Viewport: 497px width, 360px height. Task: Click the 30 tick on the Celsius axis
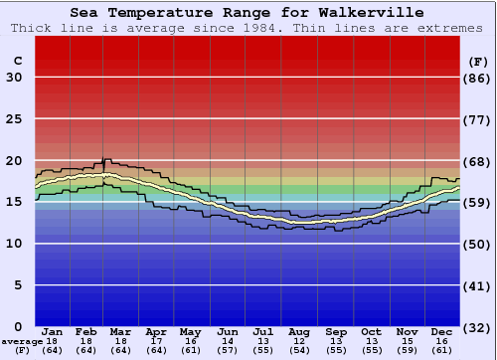[x=14, y=78]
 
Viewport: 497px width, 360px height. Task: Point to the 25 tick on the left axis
[x=14, y=118]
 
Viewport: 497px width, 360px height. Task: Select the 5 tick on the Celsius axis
[x=18, y=284]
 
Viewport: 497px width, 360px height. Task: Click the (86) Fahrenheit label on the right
[x=478, y=78]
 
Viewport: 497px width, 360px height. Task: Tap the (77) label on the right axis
[x=478, y=118]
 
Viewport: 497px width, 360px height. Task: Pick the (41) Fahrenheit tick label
[x=478, y=284]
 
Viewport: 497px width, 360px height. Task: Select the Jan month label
[x=53, y=331]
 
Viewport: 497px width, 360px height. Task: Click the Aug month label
[x=299, y=331]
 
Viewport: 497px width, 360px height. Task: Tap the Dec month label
[x=443, y=331]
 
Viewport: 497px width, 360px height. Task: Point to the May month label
[x=190, y=331]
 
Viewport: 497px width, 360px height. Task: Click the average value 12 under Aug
[x=299, y=341]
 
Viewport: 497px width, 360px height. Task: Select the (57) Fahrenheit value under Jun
[x=228, y=351]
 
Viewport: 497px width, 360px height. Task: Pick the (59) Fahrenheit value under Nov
[x=408, y=351]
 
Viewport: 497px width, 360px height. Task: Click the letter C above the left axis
[x=17, y=61]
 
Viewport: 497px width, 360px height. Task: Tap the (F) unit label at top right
[x=478, y=61]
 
